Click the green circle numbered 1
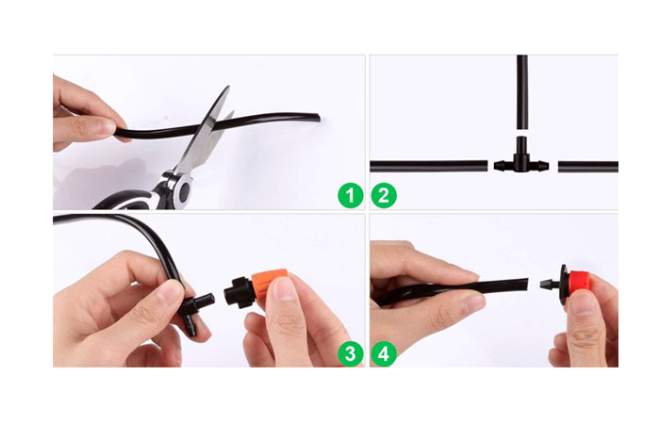(x=350, y=195)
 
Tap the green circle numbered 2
(x=384, y=195)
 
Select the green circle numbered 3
(x=350, y=353)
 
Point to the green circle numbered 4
(x=384, y=353)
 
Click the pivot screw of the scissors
(x=185, y=191)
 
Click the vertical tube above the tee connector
(x=522, y=92)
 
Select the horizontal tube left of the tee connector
(x=428, y=166)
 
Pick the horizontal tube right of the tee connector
(x=588, y=167)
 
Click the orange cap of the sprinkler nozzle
(x=269, y=285)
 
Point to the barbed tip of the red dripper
(x=546, y=285)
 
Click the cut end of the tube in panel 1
(x=319, y=118)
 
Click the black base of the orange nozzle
(x=239, y=291)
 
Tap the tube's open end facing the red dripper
(x=526, y=284)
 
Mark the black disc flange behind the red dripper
(x=563, y=284)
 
